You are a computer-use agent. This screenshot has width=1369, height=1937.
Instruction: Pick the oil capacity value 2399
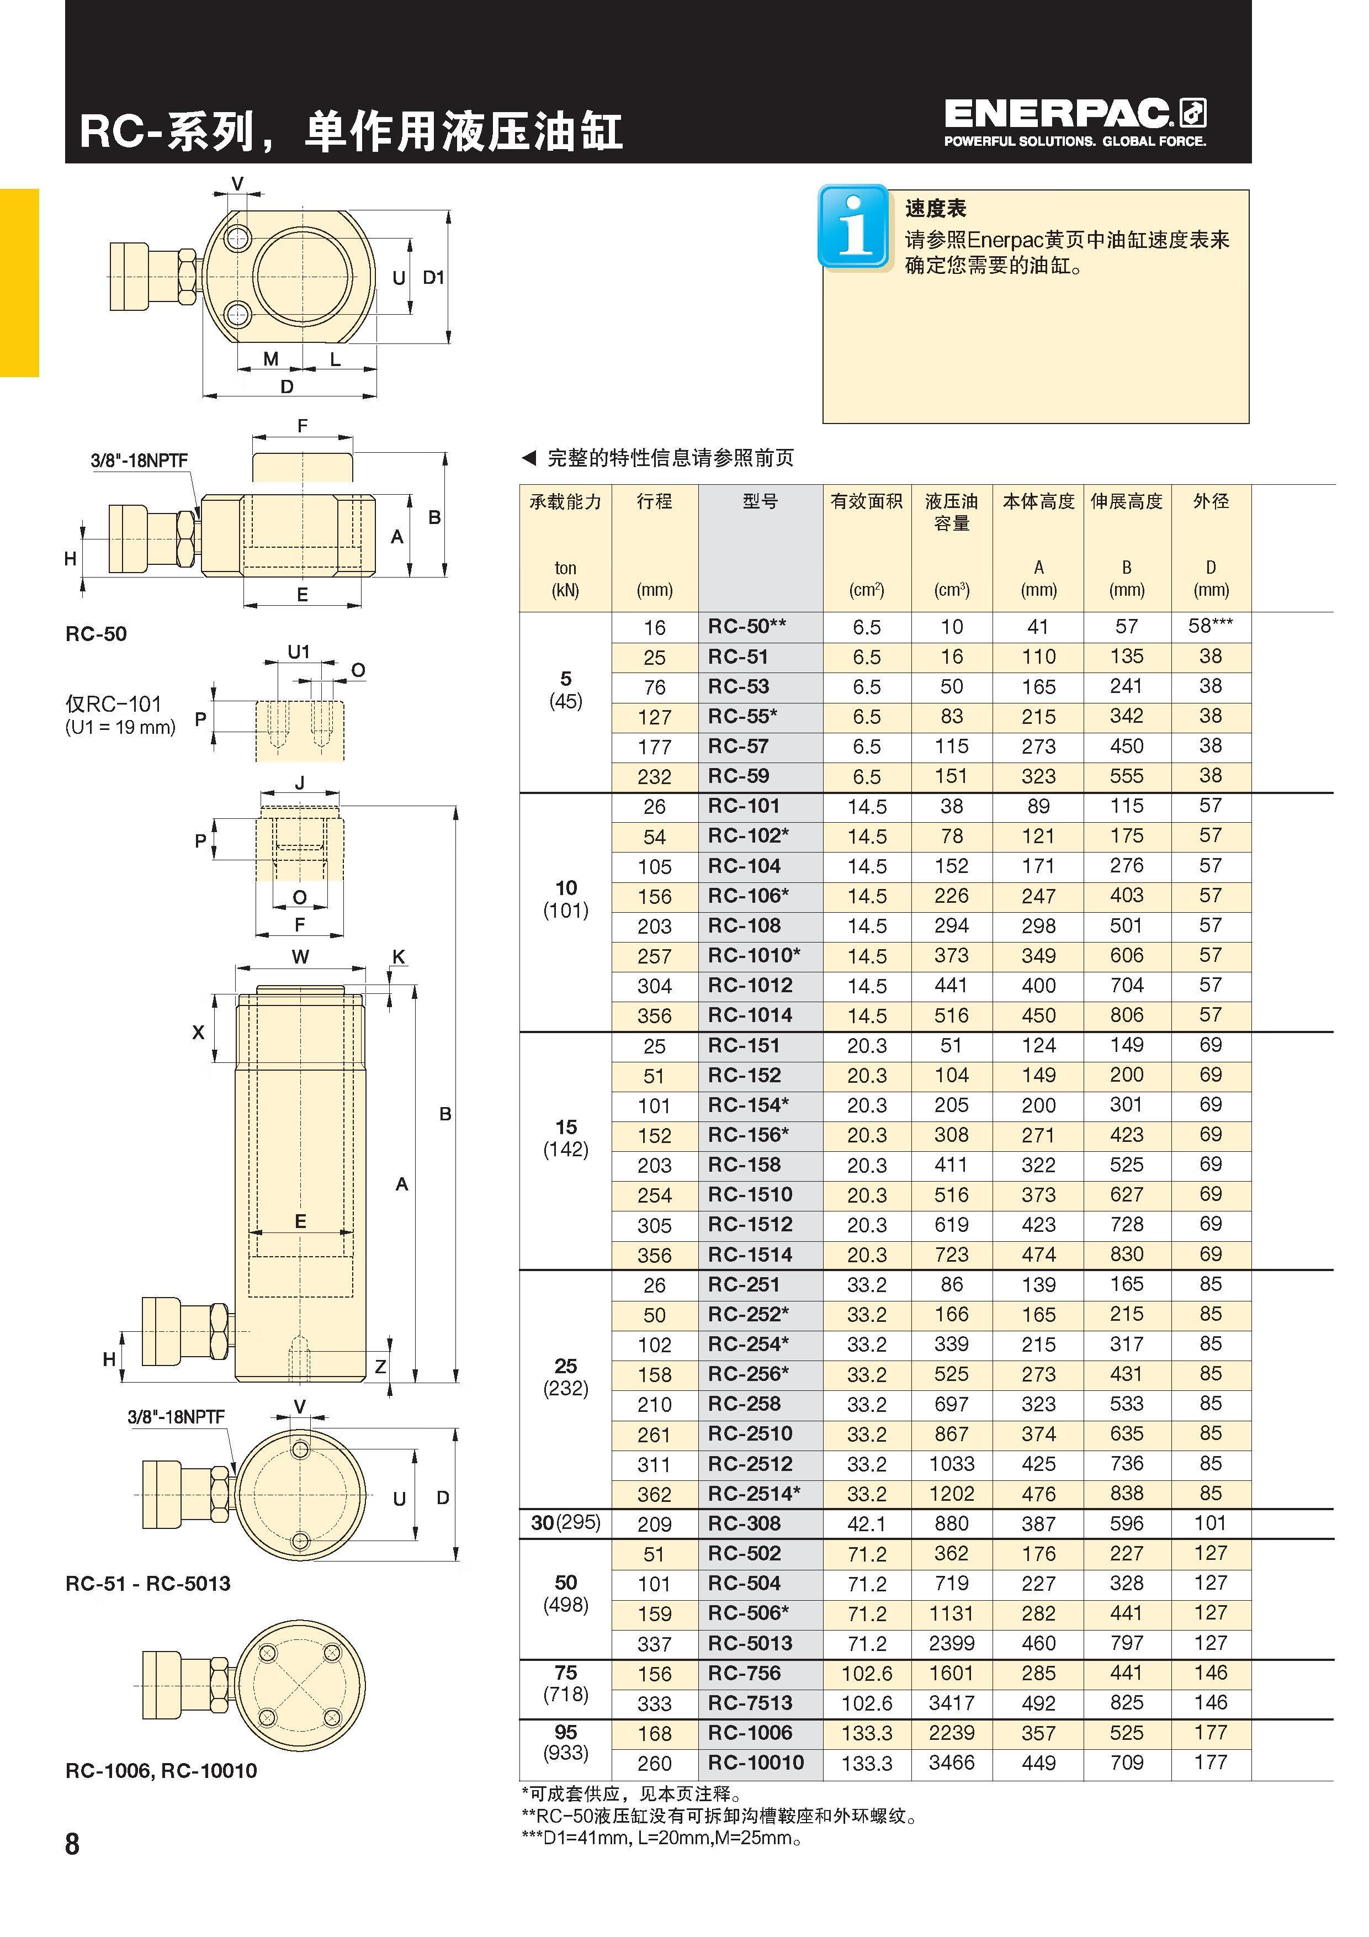click(952, 1643)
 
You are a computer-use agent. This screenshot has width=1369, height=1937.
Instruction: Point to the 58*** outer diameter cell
click(1211, 626)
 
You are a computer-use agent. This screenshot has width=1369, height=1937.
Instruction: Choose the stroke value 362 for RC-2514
click(655, 1494)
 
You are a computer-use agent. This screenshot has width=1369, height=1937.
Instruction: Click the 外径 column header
click(1211, 502)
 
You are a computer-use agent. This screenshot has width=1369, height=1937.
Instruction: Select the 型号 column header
click(760, 502)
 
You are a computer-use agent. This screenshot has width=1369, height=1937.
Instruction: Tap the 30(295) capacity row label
click(565, 1523)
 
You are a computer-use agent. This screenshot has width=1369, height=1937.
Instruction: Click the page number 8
click(72, 1844)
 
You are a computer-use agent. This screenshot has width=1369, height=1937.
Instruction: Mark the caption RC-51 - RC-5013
click(147, 1584)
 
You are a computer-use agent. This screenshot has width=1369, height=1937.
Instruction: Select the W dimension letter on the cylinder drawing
click(300, 957)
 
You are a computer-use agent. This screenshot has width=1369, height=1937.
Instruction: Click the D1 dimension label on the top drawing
click(433, 278)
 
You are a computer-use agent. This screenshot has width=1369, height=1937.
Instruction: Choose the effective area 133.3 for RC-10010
click(867, 1763)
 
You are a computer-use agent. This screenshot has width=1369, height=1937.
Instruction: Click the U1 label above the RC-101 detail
click(299, 652)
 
